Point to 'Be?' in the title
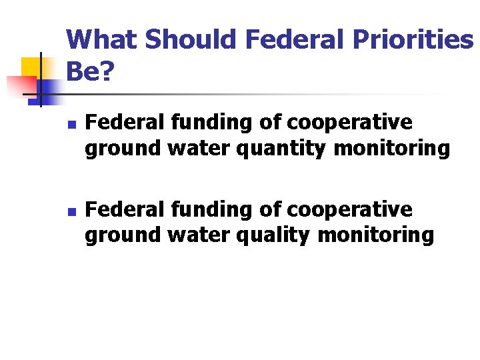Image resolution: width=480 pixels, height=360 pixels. click(x=89, y=73)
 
